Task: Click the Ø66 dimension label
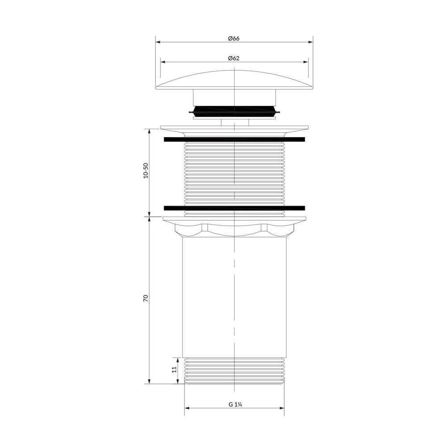(x=234, y=38)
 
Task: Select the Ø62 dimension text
(x=234, y=58)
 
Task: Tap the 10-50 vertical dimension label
(x=146, y=170)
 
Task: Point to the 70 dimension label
(x=146, y=299)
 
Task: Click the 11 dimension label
(x=174, y=370)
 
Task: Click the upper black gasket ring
(x=234, y=139)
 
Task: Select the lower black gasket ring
(x=234, y=208)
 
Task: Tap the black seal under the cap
(x=234, y=111)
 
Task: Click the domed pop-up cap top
(x=234, y=80)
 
